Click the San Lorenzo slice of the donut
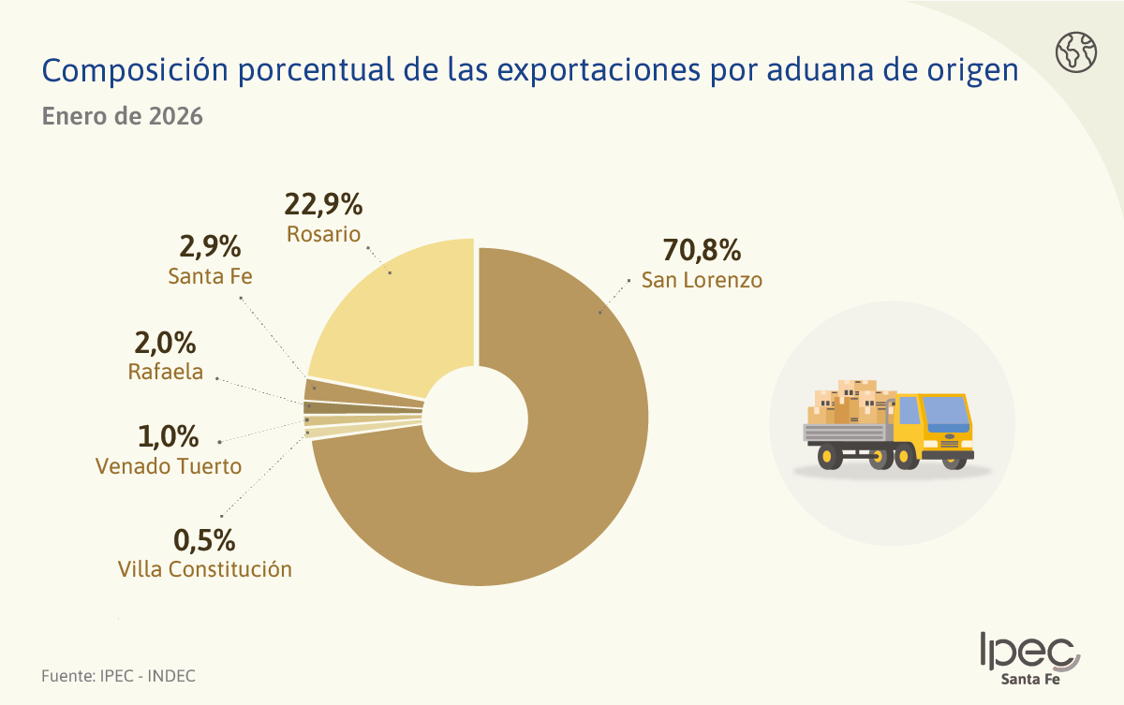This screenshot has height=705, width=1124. tap(562, 451)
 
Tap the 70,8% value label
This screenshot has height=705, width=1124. tap(702, 250)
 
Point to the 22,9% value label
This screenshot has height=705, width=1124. tap(323, 205)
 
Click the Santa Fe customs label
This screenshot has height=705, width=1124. tap(210, 276)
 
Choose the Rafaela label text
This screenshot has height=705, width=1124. tap(166, 372)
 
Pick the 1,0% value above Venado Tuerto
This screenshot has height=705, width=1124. tap(168, 436)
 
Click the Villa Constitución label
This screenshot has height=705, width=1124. tap(205, 569)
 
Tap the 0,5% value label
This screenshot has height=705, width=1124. tap(204, 540)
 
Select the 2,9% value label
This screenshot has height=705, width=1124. tap(210, 246)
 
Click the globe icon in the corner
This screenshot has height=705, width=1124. tap(1076, 52)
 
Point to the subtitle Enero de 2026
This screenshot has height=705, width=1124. tap(123, 116)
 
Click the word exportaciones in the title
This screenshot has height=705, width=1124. tap(599, 70)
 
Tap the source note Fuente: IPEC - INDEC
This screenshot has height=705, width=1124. tap(118, 676)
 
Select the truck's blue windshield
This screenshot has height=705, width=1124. tap(946, 414)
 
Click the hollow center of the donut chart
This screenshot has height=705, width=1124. tap(475, 419)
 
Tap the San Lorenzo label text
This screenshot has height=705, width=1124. tap(702, 280)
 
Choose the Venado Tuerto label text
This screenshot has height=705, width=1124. tap(169, 466)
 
